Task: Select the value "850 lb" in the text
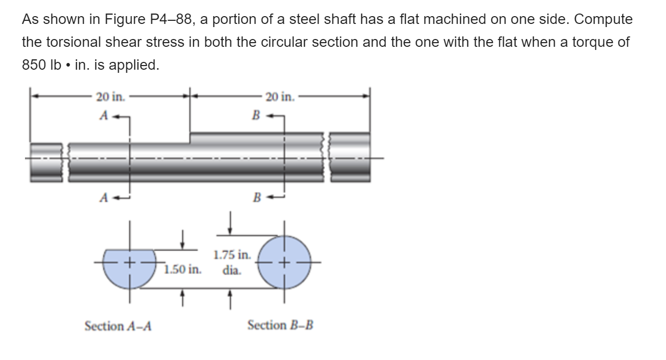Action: [x=41, y=65]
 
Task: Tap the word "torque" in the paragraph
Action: [x=587, y=42]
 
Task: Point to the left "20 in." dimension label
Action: [x=110, y=96]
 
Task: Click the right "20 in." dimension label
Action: [x=279, y=96]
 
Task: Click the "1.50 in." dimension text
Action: [x=182, y=269]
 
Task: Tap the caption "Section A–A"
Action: [x=118, y=326]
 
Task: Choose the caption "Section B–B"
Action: [x=281, y=326]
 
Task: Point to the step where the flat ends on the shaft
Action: [x=190, y=137]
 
